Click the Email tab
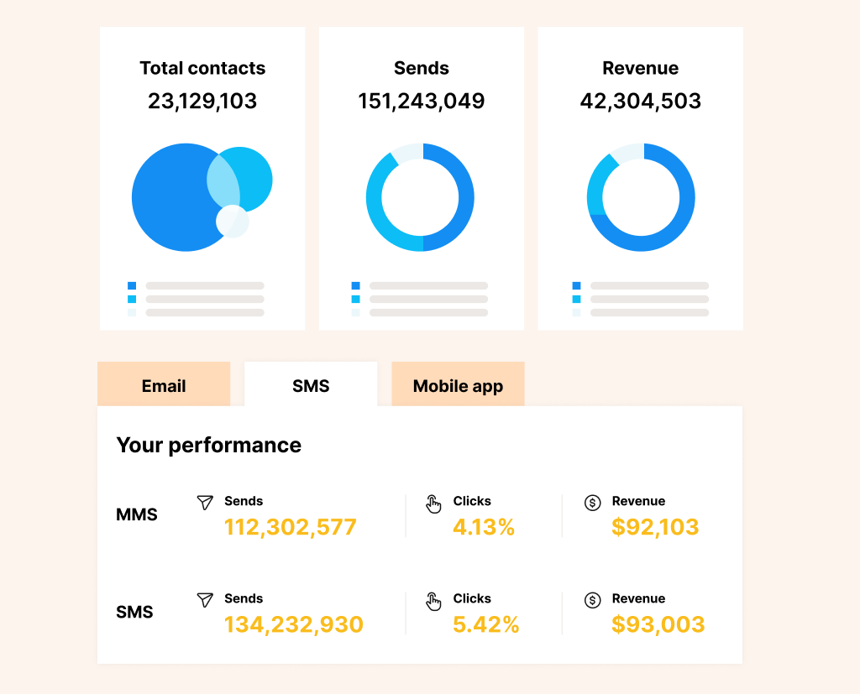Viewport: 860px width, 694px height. pos(164,386)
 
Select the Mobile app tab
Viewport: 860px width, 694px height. pos(458,386)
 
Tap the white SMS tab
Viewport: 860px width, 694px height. pos(311,386)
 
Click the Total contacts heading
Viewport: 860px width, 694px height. pos(202,68)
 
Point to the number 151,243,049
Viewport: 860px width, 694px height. pos(422,102)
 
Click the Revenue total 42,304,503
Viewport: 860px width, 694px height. pos(640,102)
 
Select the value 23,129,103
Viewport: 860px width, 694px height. pos(202,102)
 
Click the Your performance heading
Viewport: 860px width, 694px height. pos(208,445)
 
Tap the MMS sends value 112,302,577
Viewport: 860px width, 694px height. pos(291,527)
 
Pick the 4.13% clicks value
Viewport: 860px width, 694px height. pos(484,527)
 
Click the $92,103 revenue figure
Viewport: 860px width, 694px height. pos(655,527)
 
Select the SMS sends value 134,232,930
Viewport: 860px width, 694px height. pos(294,624)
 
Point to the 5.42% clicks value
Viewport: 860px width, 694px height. pos(486,624)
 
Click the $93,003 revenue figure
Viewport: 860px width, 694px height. pos(658,624)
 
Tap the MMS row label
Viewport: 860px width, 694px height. pos(137,514)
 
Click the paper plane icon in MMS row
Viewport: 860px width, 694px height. pos(205,502)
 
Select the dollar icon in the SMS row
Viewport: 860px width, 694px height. pos(593,600)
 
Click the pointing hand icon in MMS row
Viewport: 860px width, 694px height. pos(433,504)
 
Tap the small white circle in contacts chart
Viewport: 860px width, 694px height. pos(232,221)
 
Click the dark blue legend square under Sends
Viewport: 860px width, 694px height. pos(356,286)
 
